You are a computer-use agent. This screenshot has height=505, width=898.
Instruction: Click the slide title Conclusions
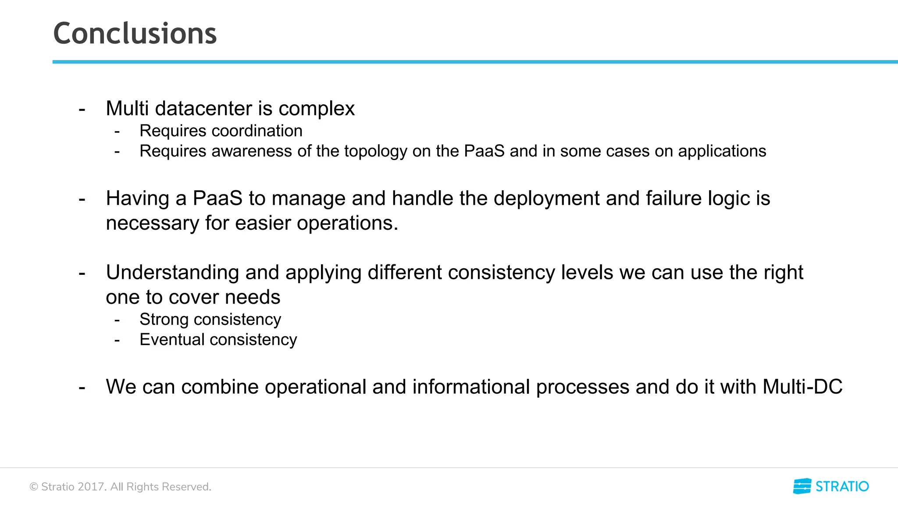[135, 34]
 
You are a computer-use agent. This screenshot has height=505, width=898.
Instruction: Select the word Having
[138, 199]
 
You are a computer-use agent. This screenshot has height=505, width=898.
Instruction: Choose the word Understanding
[172, 273]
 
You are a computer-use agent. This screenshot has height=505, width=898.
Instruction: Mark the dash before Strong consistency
[117, 320]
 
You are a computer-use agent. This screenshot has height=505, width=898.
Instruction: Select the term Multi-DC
[802, 387]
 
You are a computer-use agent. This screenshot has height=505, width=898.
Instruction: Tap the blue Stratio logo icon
[802, 486]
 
